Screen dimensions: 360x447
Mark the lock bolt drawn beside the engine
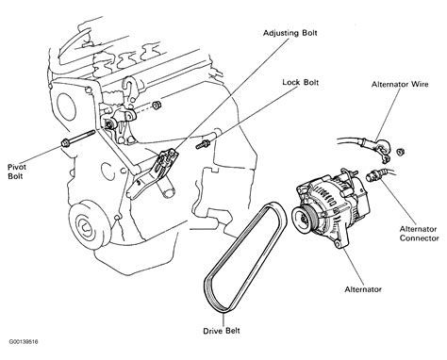[201, 145]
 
